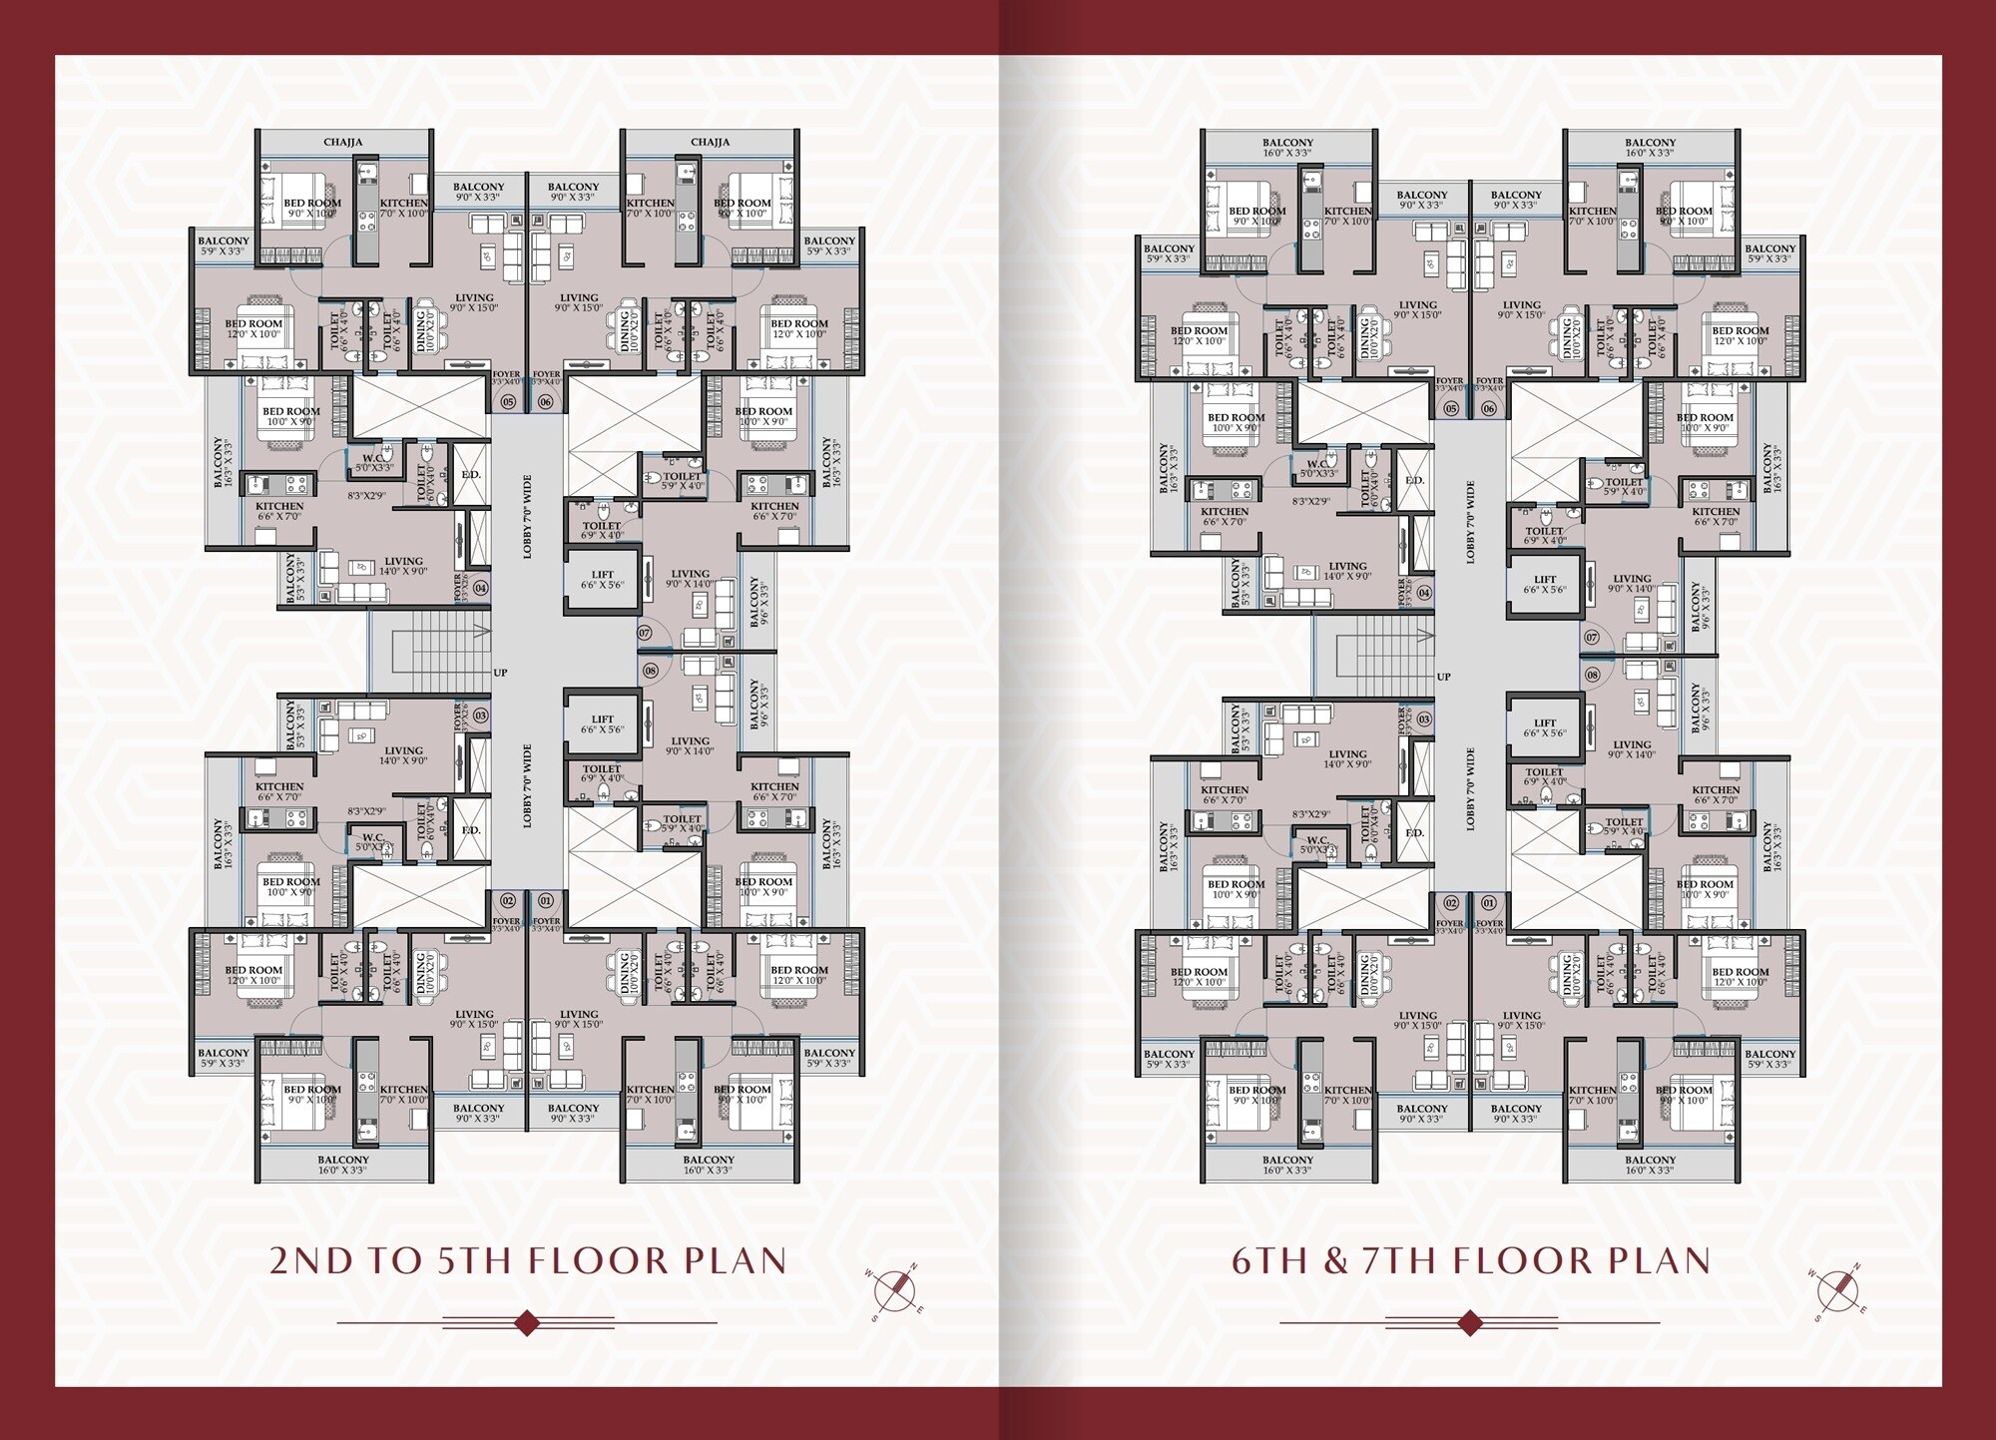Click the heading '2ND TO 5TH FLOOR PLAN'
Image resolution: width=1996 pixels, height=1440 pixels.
click(528, 1260)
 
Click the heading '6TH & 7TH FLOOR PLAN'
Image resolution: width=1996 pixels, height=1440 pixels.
click(1470, 1260)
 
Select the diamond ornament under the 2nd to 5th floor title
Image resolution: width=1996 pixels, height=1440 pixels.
click(527, 1323)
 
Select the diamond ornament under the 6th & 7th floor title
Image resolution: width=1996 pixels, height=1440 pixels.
click(1469, 1323)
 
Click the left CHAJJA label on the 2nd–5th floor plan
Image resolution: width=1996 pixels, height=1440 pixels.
click(342, 143)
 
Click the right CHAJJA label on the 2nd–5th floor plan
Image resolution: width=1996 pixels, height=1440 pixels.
click(710, 143)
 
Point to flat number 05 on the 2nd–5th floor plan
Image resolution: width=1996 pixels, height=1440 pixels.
click(508, 402)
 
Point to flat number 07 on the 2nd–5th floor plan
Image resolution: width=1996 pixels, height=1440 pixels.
click(646, 633)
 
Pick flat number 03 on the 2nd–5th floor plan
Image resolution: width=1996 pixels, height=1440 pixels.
click(480, 716)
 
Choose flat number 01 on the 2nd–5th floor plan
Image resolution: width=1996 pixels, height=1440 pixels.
click(545, 900)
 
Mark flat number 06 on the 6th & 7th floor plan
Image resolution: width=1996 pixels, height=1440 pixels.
click(1489, 408)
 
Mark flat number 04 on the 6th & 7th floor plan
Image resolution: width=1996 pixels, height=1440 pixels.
click(1424, 593)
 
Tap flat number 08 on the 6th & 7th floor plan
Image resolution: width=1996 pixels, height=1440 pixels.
click(1592, 676)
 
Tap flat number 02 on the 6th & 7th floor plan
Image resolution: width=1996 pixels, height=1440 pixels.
click(1451, 903)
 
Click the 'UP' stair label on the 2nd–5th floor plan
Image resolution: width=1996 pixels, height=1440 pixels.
click(500, 673)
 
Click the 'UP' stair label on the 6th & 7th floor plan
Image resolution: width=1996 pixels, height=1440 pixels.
click(1443, 677)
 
